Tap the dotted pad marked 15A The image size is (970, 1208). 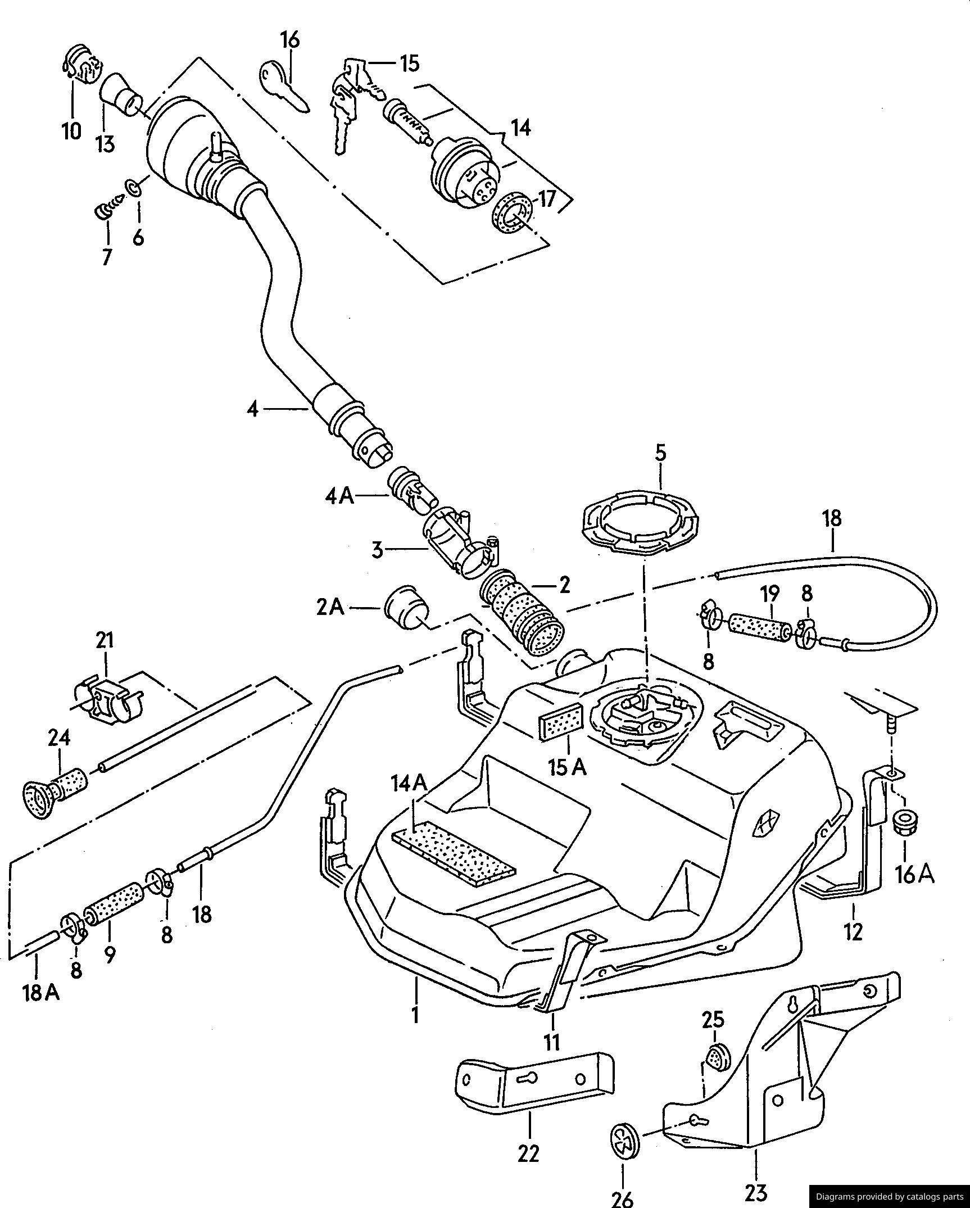coord(561,723)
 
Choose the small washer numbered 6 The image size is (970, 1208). coord(134,187)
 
